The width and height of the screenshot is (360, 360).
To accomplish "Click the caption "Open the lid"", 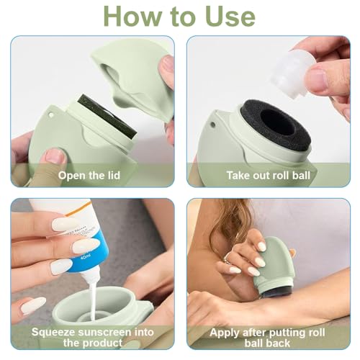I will pos(91,174).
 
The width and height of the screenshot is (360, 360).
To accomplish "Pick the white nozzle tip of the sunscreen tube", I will pos(90,274).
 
